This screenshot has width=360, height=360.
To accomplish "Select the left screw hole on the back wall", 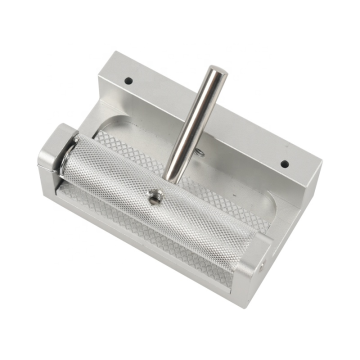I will click(x=128, y=77).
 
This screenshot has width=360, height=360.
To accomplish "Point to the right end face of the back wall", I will click(x=310, y=180).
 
